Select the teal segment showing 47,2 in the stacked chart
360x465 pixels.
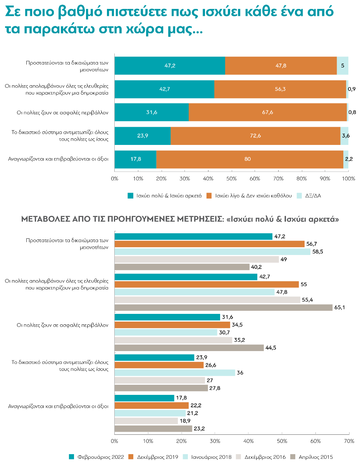170,66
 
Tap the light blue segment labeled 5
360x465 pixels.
343,66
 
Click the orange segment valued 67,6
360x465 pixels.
268,112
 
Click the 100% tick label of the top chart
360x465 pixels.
348,179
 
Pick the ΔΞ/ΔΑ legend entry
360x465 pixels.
309,196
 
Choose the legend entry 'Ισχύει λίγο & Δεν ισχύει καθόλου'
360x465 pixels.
249,196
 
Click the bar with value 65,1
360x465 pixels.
224,308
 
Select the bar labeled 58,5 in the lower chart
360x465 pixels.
212,251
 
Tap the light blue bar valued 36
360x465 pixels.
175,373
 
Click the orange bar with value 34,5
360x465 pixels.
172,325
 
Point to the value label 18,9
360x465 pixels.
185,421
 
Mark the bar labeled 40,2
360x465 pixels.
182,267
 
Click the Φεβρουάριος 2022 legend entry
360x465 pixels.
96,457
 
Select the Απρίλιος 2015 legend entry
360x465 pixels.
312,457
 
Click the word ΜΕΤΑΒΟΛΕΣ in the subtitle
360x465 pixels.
45,219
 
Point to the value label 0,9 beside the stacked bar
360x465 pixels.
351,89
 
